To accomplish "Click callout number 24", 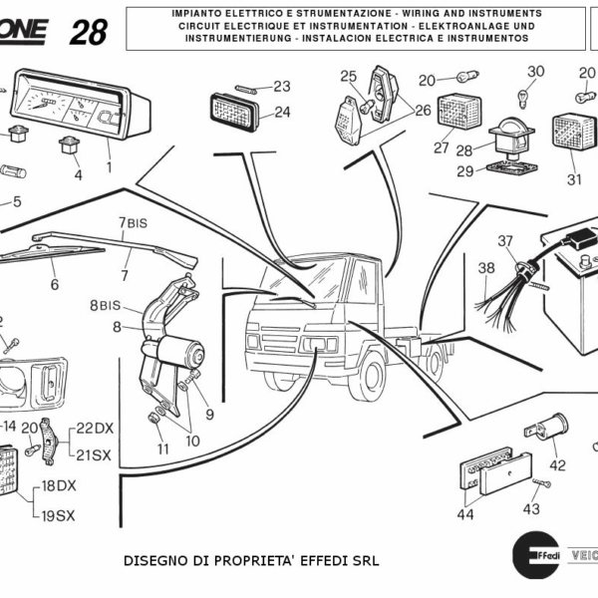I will click(282, 112).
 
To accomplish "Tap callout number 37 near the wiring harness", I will click(505, 241).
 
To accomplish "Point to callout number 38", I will click(486, 267).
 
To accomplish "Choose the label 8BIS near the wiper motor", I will click(104, 305).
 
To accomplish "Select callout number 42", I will click(557, 464).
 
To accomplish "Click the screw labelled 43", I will click(539, 484).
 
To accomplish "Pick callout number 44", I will click(465, 514).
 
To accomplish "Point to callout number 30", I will click(536, 71).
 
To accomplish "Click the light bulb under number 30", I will click(519, 96).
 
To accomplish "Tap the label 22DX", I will click(96, 428).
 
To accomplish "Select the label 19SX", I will click(59, 515).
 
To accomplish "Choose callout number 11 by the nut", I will click(161, 448).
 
